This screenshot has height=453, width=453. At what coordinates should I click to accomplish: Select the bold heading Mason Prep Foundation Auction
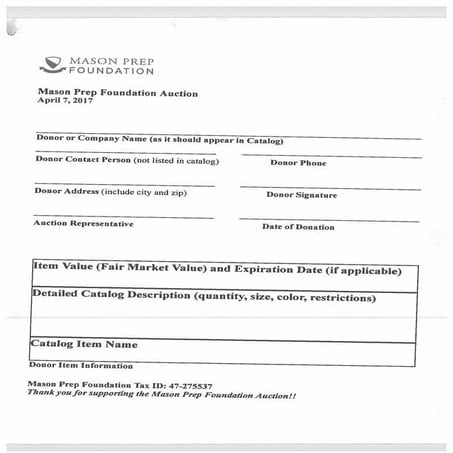tap(117, 93)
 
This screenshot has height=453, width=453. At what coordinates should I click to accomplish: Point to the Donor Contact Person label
tap(127, 160)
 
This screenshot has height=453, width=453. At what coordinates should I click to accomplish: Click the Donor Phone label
tap(298, 163)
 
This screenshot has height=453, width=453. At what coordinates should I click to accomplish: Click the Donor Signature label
tap(301, 195)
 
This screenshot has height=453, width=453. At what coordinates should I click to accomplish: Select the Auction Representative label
tap(83, 224)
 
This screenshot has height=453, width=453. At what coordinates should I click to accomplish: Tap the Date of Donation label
tap(298, 227)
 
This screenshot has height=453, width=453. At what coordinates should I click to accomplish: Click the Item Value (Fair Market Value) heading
tap(217, 270)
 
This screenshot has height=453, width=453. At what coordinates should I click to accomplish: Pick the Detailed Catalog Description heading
tap(204, 297)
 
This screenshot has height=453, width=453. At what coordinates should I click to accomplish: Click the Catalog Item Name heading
tap(84, 344)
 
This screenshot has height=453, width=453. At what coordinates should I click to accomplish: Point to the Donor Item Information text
tap(80, 365)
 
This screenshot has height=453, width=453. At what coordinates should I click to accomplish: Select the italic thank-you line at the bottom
tap(161, 395)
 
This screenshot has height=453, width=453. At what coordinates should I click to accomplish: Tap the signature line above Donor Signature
tap(329, 186)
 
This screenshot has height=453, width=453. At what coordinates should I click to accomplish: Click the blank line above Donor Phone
tap(329, 154)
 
